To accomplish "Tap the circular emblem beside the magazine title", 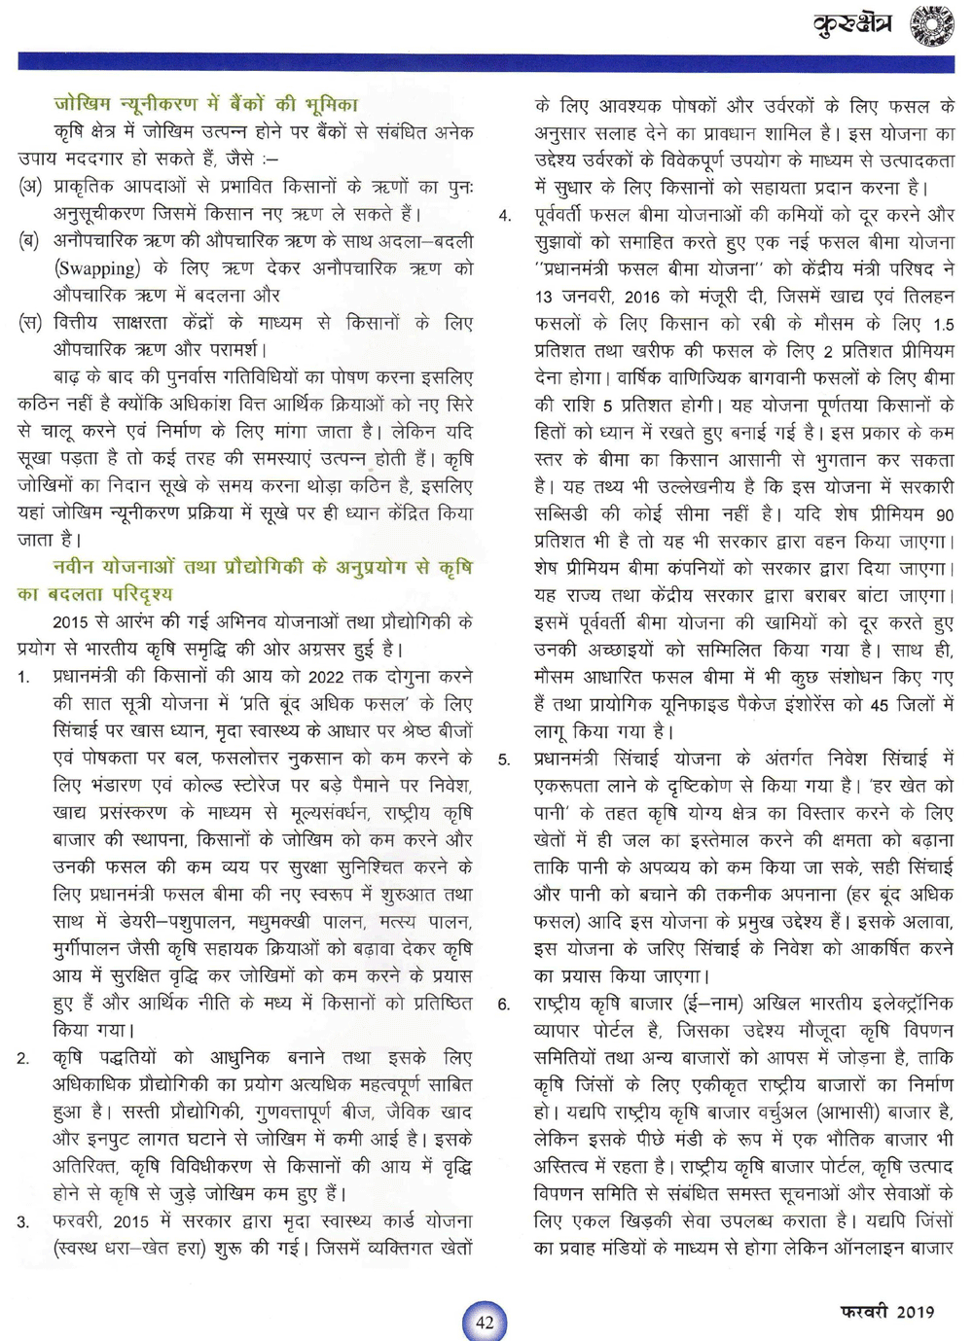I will (x=931, y=25).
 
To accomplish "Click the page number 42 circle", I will (x=485, y=1322).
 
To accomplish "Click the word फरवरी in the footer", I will (x=864, y=1312).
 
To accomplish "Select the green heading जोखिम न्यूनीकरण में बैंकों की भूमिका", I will (x=205, y=104).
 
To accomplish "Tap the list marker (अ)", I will (x=30, y=186).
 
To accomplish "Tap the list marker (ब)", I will (x=30, y=240).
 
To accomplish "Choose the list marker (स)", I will (x=30, y=322).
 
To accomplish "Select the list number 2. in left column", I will (x=23, y=1058).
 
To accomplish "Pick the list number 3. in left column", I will (x=23, y=1221).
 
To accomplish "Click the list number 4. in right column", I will (x=504, y=215).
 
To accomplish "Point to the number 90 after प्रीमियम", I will (x=944, y=514).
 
